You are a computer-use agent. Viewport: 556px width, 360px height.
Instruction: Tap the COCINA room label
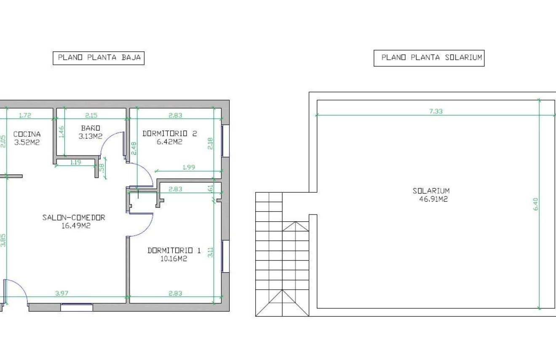(x=27, y=134)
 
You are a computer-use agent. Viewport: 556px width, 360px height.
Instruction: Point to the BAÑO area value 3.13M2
(x=90, y=136)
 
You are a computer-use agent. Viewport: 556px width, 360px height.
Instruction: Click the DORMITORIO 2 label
(x=170, y=134)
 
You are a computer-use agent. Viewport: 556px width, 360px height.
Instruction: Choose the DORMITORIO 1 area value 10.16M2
(x=174, y=259)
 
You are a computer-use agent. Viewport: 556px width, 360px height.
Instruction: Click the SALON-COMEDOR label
(x=74, y=218)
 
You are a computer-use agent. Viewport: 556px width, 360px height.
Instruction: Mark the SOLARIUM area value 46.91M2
(x=433, y=199)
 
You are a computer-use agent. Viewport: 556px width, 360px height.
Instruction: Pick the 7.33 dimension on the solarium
(x=436, y=111)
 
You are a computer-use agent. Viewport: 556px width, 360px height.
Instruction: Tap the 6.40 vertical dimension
(x=536, y=204)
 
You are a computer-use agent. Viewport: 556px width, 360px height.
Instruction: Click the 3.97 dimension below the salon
(x=61, y=293)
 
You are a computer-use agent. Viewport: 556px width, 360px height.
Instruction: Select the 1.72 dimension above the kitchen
(x=25, y=115)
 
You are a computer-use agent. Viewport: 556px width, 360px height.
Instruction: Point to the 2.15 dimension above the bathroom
(x=91, y=115)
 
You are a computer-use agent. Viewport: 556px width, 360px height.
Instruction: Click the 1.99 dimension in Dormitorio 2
(x=189, y=167)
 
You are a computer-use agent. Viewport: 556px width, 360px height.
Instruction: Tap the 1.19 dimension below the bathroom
(x=75, y=162)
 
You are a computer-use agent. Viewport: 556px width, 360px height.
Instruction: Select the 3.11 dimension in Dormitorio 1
(x=210, y=252)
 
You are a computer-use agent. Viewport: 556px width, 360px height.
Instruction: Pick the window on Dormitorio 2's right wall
(x=225, y=141)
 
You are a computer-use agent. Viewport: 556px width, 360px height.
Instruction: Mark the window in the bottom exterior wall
(x=77, y=307)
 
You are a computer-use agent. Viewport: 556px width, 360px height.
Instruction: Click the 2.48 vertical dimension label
(x=134, y=148)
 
